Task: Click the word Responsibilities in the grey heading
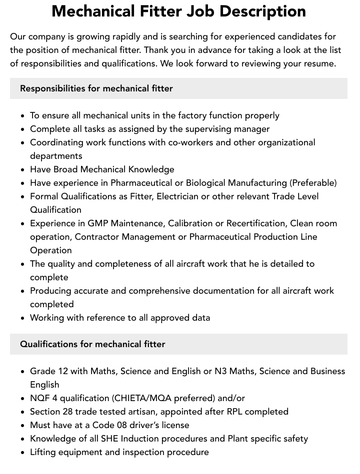[52, 88]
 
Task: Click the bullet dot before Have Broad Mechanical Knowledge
[23, 170]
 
